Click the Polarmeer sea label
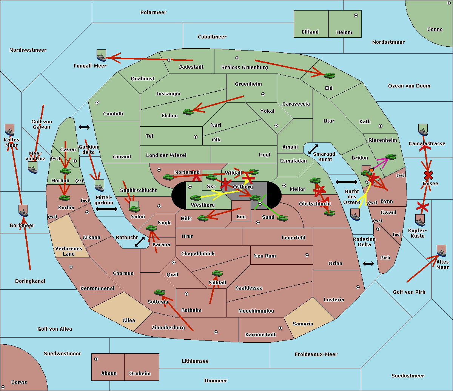click(153, 12)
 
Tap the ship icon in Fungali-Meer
click(101, 56)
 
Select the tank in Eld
click(329, 76)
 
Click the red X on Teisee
click(428, 175)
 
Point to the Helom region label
click(344, 32)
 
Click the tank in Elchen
click(188, 112)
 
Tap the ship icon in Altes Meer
click(441, 251)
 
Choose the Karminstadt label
click(260, 335)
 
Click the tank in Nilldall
click(217, 273)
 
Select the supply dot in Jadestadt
click(169, 60)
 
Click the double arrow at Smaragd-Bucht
click(313, 149)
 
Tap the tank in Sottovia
click(160, 292)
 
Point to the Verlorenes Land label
click(69, 251)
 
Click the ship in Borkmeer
click(23, 211)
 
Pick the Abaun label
click(109, 373)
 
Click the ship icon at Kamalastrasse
click(423, 130)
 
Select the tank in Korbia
click(64, 198)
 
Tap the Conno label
click(435, 29)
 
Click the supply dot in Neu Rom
click(307, 255)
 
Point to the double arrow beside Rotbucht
click(140, 242)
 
